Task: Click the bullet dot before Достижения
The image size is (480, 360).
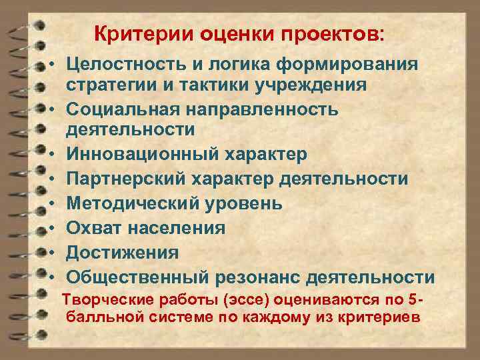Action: (51, 253)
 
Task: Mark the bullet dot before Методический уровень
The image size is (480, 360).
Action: (51, 203)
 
